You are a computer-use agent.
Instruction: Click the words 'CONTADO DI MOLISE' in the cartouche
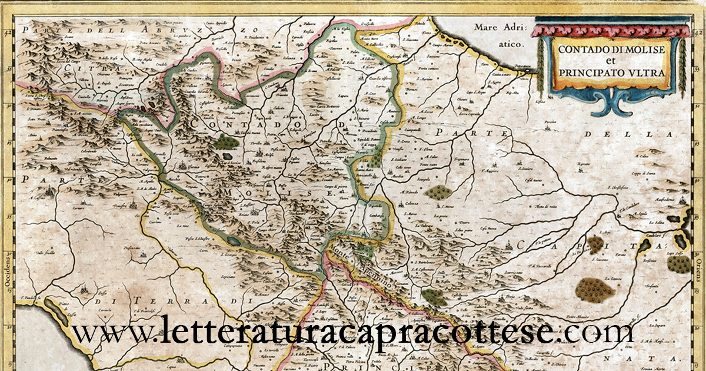[611, 49]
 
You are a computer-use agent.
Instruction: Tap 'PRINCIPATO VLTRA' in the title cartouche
[611, 72]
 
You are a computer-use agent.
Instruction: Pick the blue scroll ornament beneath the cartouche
[612, 104]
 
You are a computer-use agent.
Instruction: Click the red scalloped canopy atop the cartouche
[611, 30]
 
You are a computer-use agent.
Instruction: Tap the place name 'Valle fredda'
[47, 253]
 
